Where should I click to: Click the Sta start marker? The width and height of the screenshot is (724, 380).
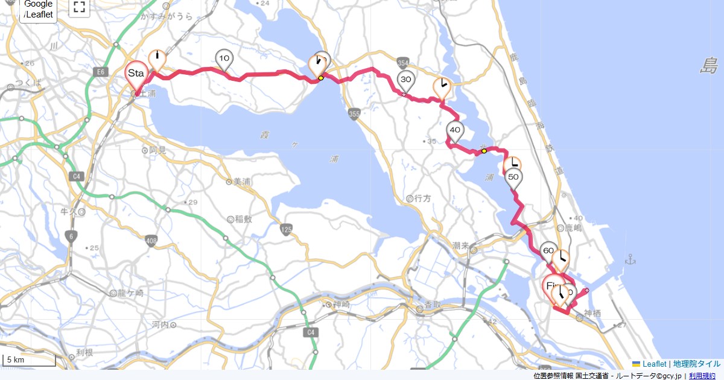[136, 74]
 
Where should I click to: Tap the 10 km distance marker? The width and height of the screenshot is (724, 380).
[224, 59]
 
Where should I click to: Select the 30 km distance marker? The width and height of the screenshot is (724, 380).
[406, 80]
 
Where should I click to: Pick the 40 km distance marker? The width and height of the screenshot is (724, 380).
[455, 130]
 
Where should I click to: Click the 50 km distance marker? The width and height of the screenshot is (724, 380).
[513, 177]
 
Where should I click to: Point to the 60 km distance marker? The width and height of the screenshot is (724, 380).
[548, 250]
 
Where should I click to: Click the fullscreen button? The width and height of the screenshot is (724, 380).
[79, 7]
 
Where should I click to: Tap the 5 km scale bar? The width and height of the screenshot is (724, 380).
[29, 360]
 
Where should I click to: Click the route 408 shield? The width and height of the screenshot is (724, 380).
[151, 241]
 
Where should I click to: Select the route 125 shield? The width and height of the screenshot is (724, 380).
[286, 229]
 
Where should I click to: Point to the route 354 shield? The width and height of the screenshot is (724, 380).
[404, 62]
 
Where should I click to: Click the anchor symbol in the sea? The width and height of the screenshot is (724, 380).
[630, 259]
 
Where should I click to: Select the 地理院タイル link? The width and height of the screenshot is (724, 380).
[696, 364]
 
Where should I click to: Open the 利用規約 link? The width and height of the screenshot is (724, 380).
[702, 376]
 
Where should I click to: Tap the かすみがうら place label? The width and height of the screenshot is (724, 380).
[167, 17]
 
